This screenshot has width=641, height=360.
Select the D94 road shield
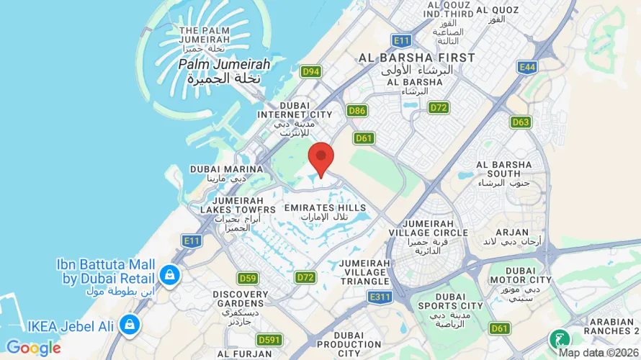(x=311, y=71)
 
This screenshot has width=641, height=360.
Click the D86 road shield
(x=357, y=110)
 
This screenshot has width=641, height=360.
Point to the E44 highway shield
(x=526, y=67)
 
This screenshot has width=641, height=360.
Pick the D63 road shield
(x=521, y=122)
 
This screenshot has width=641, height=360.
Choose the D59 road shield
(x=248, y=278)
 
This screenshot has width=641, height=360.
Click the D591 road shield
(x=270, y=340)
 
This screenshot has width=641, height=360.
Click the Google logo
(x=33, y=348)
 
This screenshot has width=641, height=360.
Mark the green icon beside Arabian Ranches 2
(x=558, y=338)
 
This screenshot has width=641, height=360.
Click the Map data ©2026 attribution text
(x=599, y=353)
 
